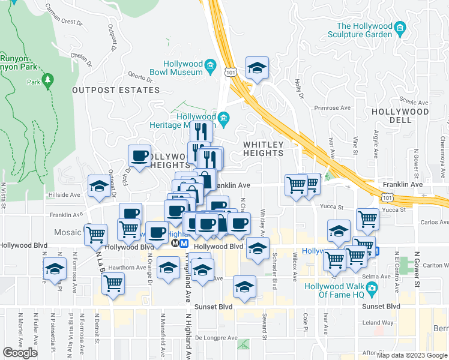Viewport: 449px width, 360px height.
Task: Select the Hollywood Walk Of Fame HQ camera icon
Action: tap(372, 290)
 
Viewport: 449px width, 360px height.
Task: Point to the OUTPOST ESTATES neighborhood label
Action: tap(116, 90)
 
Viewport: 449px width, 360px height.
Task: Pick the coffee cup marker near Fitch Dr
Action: tap(140, 157)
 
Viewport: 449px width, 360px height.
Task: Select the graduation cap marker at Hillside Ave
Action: tap(99, 187)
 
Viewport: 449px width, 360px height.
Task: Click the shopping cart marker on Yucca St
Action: tap(367, 220)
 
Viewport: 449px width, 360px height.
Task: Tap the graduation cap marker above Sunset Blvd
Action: tap(244, 288)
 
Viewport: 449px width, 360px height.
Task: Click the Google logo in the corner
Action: tap(20, 353)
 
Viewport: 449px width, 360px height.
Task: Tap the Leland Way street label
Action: tap(378, 322)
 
